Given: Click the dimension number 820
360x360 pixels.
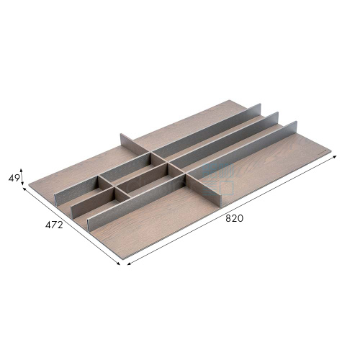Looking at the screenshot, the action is click(x=234, y=218).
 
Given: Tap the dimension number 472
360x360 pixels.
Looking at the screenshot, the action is click(x=54, y=225).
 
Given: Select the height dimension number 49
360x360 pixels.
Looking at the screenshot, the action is click(x=14, y=179).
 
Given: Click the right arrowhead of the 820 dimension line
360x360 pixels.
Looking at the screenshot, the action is click(x=335, y=157).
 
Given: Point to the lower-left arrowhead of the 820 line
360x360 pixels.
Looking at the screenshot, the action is click(x=129, y=264).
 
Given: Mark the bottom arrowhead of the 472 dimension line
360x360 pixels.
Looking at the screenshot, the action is click(x=118, y=264).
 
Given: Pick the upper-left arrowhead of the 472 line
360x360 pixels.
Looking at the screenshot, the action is click(x=24, y=189).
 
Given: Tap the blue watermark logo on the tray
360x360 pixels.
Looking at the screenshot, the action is click(x=218, y=179).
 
